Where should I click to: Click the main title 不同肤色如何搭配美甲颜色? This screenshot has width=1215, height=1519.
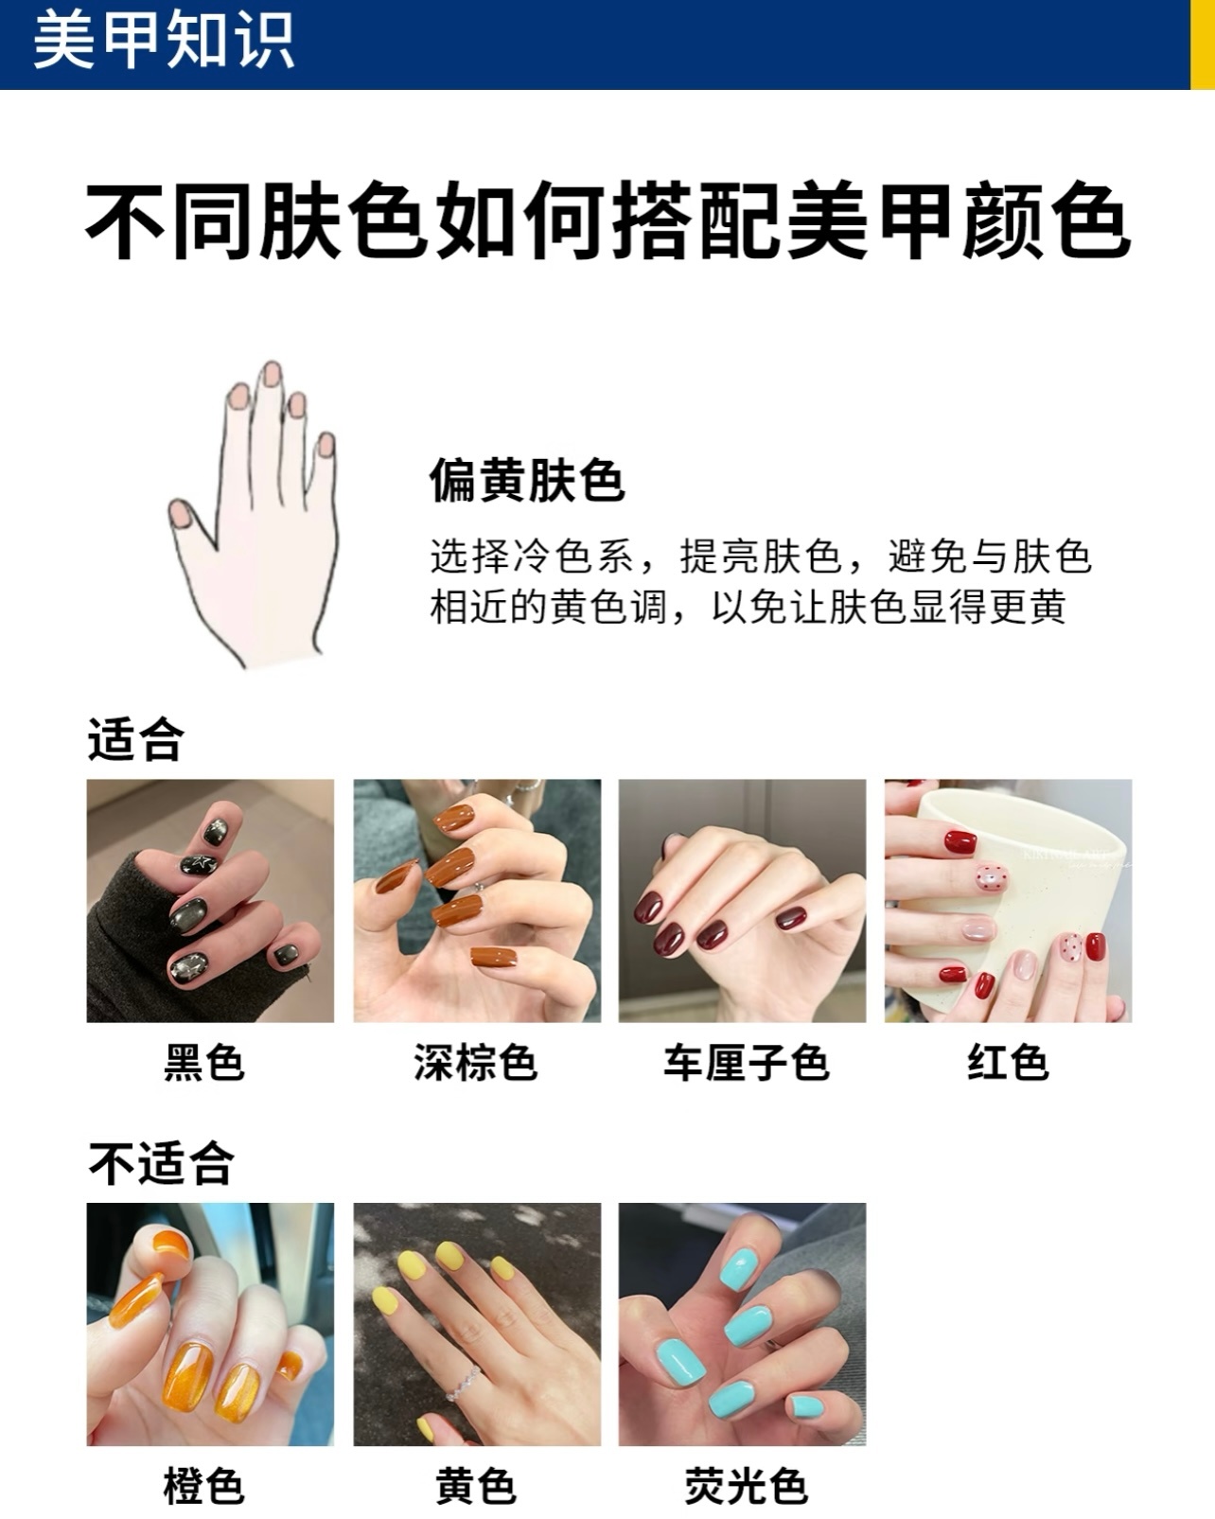607,221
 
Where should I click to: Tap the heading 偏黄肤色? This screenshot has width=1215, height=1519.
527,480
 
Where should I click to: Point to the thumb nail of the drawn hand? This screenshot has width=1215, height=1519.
181,513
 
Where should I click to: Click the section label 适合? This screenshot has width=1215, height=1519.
135,739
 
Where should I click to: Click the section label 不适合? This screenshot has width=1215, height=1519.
161,1163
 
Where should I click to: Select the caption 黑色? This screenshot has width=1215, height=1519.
204,1063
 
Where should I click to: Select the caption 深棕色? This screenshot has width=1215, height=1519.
476,1063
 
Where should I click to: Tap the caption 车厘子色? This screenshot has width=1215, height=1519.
746,1063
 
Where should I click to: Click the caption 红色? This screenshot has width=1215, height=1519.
1008,1063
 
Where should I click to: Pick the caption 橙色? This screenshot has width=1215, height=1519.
204,1487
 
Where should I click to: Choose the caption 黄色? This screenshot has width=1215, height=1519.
476,1487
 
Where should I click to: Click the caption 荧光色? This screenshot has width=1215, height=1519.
746,1487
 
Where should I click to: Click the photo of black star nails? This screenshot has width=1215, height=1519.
210,901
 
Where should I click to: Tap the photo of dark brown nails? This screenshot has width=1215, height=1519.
477,901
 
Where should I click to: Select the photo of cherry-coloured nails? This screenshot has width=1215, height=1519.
743,901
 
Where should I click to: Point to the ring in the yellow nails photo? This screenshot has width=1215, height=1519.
463,1385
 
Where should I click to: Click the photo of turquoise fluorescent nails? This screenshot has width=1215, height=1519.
743,1324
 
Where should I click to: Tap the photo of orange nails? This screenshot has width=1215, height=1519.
210,1324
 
